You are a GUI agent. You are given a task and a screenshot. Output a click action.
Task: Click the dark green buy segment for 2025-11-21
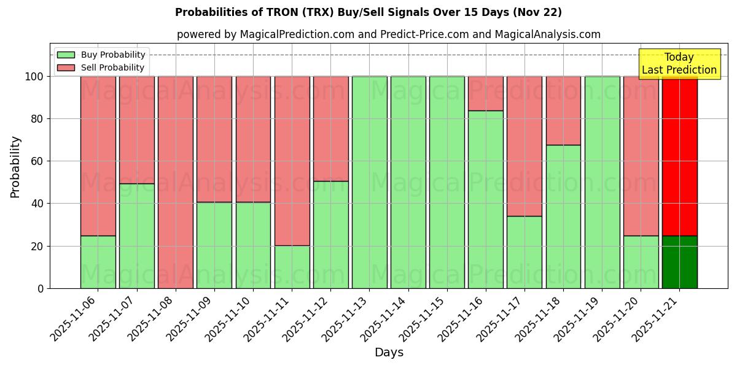pyautogui.click(x=679, y=262)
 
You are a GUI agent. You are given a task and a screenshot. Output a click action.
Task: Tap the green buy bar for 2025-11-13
pyautogui.click(x=369, y=182)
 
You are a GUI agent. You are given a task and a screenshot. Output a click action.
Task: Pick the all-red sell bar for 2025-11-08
pyautogui.click(x=176, y=182)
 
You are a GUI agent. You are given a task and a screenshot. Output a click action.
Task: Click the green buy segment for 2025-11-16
pyautogui.click(x=486, y=199)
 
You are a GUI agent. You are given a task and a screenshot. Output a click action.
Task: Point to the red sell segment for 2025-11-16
pyautogui.click(x=486, y=93)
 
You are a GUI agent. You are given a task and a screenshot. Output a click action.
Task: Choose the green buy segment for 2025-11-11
pyautogui.click(x=292, y=267)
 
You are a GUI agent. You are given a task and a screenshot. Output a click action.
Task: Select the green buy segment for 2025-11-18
pyautogui.click(x=563, y=217)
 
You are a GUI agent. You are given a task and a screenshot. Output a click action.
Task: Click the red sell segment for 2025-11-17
pyautogui.click(x=524, y=146)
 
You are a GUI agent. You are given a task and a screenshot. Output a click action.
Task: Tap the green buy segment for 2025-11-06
pyautogui.click(x=98, y=262)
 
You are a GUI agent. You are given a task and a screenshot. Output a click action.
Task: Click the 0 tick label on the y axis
pyautogui.click(x=41, y=288)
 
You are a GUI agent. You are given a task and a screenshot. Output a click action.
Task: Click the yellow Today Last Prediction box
pyautogui.click(x=679, y=64)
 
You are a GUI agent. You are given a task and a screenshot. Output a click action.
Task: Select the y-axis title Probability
pyautogui.click(x=15, y=167)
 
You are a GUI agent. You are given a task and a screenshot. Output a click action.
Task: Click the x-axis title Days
pyautogui.click(x=389, y=353)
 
